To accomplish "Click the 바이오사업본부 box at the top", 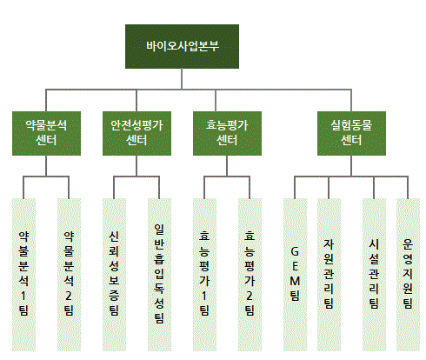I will (181, 46).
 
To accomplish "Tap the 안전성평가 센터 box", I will (136, 131).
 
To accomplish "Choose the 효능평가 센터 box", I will (226, 131).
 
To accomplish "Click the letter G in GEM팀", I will (295, 252).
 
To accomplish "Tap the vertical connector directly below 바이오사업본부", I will (181, 78).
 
